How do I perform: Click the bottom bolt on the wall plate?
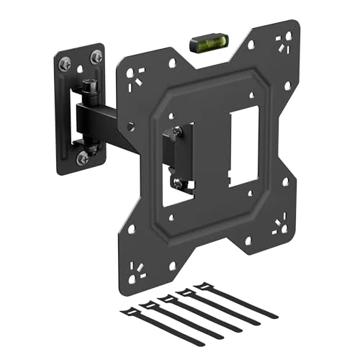[x=84, y=157]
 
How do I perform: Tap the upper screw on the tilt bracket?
[x=176, y=132]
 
